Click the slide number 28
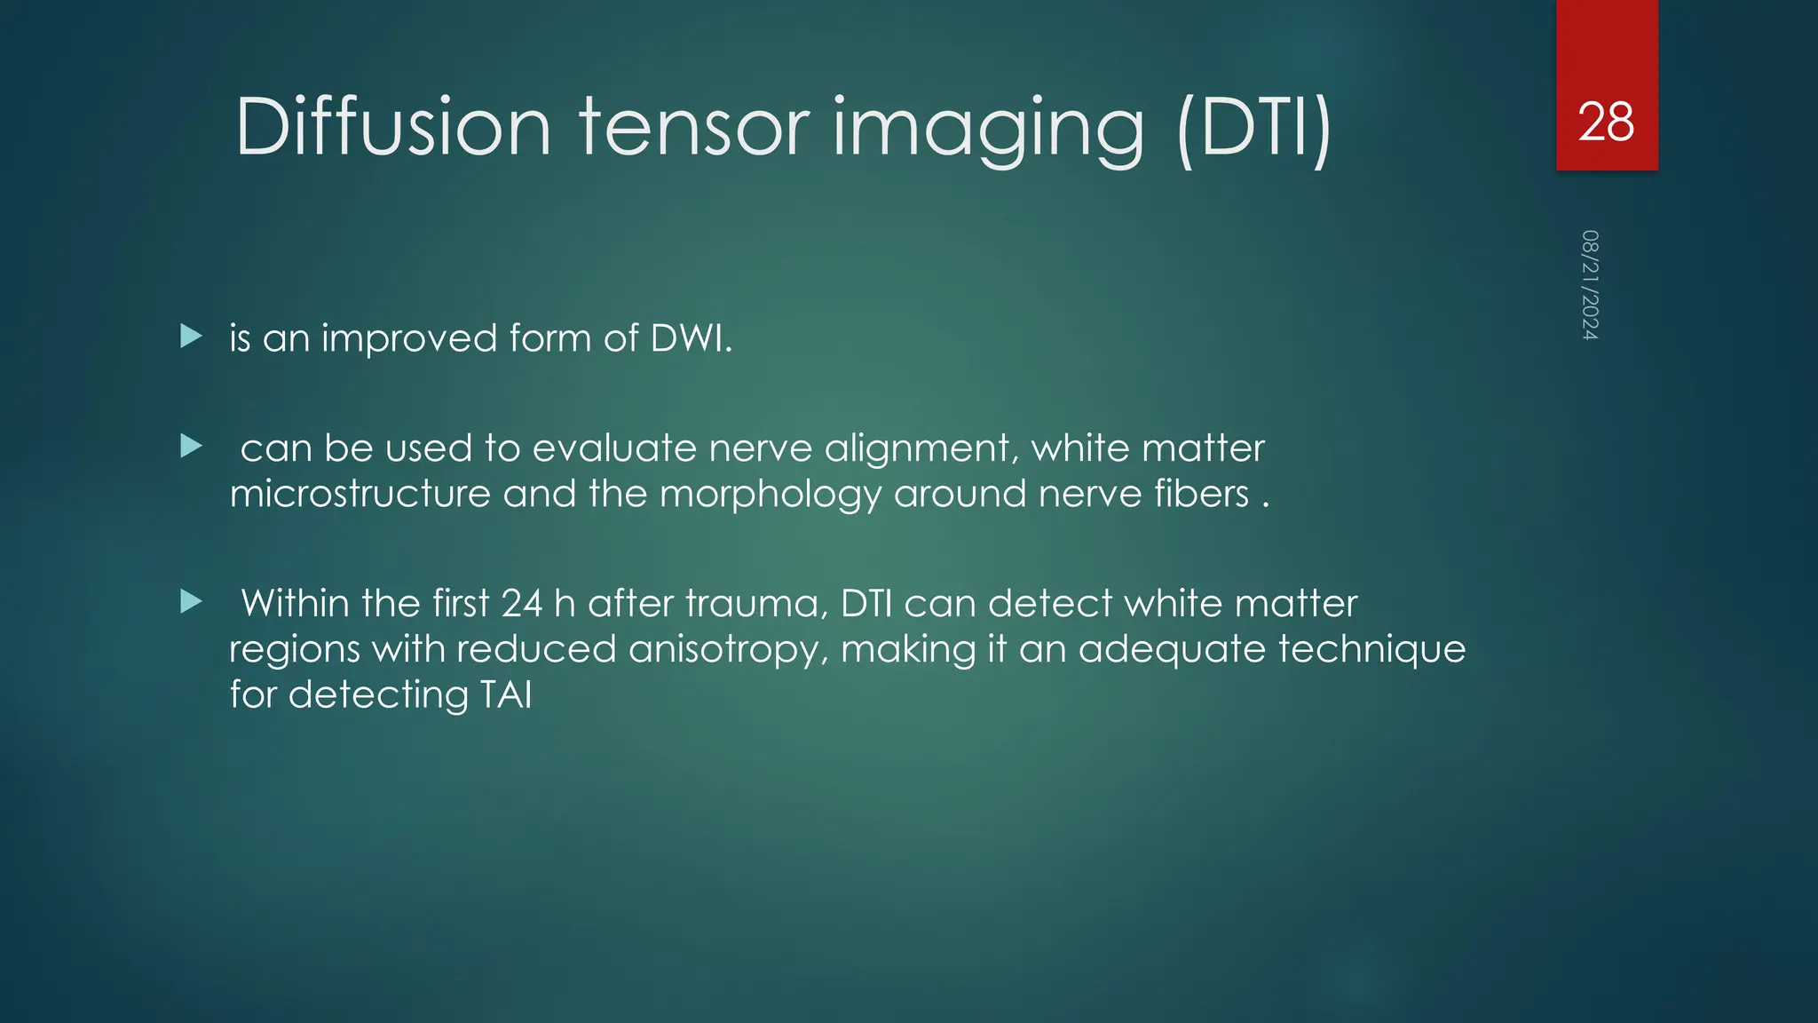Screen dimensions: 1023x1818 point(1606,122)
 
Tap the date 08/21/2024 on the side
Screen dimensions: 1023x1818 point(1590,285)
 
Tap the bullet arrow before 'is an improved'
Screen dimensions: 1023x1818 point(191,337)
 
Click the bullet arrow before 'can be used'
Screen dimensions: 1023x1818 point(191,446)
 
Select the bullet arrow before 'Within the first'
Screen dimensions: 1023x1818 point(191,602)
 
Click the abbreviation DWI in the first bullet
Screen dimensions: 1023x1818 point(690,338)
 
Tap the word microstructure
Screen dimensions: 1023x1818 point(360,494)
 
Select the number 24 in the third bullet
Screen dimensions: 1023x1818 point(521,604)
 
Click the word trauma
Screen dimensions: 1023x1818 point(756,604)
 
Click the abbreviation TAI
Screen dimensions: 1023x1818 point(505,694)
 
